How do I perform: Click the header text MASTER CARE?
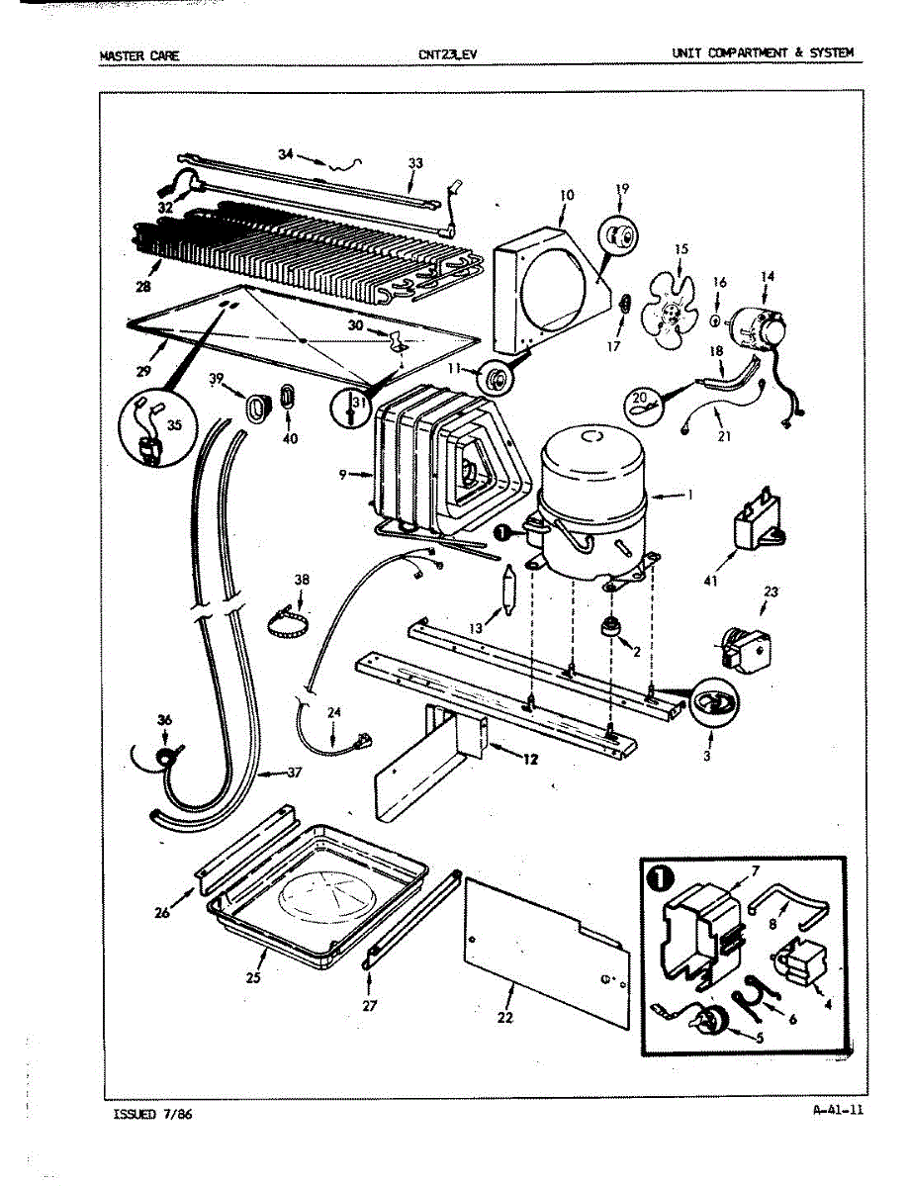click(x=138, y=55)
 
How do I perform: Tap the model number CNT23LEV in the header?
click(x=447, y=55)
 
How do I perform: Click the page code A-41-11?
click(x=837, y=1109)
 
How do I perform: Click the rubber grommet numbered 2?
click(x=610, y=628)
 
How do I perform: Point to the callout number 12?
click(x=532, y=759)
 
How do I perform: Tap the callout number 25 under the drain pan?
click(x=254, y=978)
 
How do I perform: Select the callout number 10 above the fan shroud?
click(x=565, y=196)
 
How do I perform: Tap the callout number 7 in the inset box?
click(x=756, y=870)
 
